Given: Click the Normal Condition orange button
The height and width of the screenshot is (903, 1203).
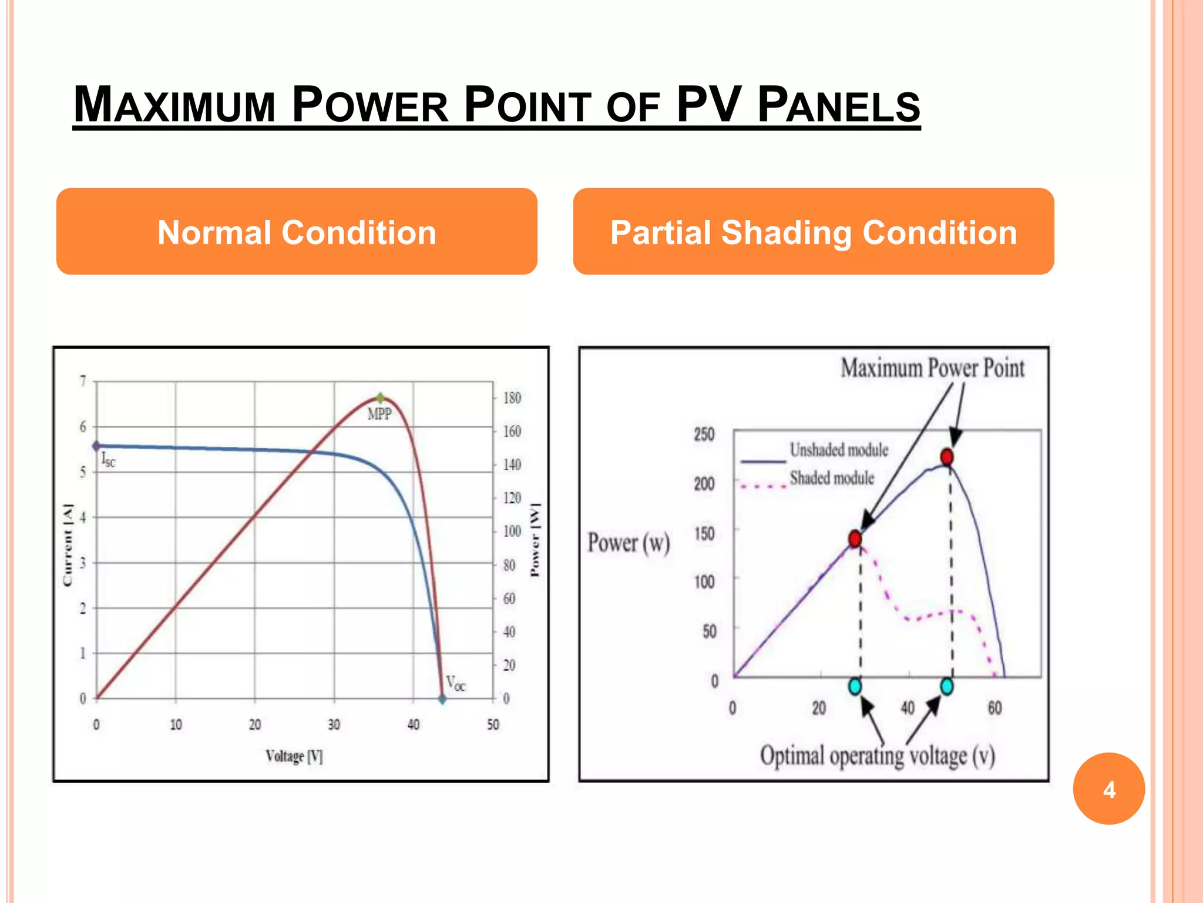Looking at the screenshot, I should [x=297, y=232].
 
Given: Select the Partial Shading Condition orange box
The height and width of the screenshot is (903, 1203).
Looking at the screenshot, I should [x=814, y=232].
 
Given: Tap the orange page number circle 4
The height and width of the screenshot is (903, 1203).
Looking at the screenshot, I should [x=1108, y=789].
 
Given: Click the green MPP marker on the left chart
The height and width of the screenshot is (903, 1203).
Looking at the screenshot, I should [x=380, y=398].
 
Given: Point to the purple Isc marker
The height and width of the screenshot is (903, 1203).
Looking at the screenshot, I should [x=97, y=446].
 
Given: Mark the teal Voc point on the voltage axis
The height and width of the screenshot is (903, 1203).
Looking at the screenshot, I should [x=442, y=700].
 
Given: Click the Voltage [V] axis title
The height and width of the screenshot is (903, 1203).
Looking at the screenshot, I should [x=294, y=756].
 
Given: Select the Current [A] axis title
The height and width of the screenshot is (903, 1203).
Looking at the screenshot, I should [x=68, y=545].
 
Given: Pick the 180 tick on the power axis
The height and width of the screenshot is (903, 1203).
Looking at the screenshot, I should [x=512, y=398].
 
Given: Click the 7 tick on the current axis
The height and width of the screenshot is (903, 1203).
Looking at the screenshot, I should [x=83, y=381].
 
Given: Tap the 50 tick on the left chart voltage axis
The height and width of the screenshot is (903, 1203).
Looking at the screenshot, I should [x=493, y=725].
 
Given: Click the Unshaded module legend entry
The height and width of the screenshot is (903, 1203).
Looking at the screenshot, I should [x=839, y=450].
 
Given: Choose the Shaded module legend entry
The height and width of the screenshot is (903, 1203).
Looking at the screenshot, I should [x=832, y=479].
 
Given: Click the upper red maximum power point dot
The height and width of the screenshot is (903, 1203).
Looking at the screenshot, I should [x=947, y=457].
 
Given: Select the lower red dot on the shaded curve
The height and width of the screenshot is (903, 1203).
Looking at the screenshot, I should [x=855, y=539].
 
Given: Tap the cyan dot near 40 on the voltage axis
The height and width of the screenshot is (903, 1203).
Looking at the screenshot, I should [x=947, y=686].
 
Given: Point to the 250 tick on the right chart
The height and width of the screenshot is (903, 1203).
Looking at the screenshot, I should [x=704, y=434].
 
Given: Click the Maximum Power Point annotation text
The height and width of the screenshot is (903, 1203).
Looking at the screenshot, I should [x=932, y=369].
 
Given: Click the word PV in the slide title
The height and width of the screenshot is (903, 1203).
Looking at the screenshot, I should [x=708, y=105].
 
